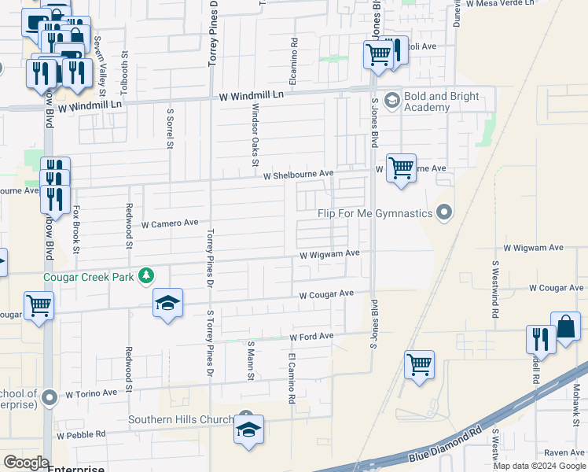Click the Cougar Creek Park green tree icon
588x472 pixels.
[145, 275]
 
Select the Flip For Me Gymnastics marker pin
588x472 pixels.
[445, 213]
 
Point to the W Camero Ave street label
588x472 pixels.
[170, 223]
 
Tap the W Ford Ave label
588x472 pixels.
[311, 337]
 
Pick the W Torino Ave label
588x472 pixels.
[90, 393]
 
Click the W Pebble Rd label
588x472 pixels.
[81, 434]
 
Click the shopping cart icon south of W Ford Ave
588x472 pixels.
[420, 363]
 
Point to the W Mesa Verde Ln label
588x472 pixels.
[499, 3]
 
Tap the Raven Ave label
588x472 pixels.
[564, 453]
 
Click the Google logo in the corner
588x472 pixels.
[25, 463]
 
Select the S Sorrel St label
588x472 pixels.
[169, 128]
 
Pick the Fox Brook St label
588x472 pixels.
[77, 230]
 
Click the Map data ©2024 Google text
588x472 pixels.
[539, 466]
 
